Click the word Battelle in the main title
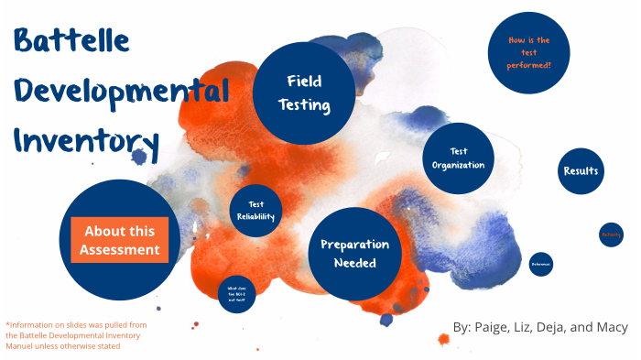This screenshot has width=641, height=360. pos(71,42)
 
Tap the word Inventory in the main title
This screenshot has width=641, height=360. pos(87,142)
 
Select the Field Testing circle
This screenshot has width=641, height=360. pos(304,93)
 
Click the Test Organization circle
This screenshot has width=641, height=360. pos(459,158)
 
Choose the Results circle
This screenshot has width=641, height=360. pos(581,171)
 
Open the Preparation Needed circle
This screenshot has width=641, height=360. pos(354,254)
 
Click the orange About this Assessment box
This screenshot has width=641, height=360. pos(119,240)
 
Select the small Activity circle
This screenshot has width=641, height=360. pos(611,235)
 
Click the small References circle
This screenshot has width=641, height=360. pos(541,265)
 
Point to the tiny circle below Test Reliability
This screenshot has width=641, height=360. pos(236,292)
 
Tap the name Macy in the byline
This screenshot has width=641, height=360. pos(611,328)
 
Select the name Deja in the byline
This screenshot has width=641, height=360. pos(559,328)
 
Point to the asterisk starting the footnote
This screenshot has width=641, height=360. pos(7,324)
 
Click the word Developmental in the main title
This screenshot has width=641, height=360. pos(119,93)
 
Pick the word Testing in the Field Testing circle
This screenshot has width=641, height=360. pos(304,104)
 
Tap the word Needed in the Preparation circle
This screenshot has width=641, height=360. pos(354,264)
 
